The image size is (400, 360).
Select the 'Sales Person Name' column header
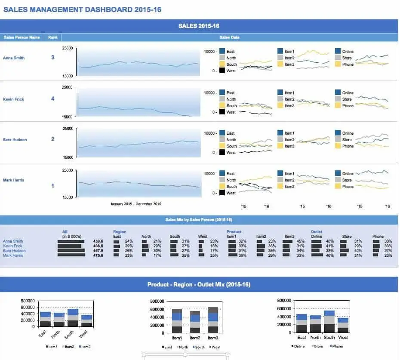click(x=22, y=37)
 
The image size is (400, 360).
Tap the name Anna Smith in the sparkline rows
click(x=14, y=58)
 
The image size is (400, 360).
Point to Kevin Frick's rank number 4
click(x=53, y=99)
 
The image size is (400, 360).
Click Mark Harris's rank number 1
click(x=53, y=186)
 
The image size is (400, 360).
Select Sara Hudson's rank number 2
click(x=53, y=139)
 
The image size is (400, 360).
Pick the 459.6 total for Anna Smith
click(x=98, y=241)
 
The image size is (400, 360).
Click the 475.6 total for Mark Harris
click(x=98, y=255)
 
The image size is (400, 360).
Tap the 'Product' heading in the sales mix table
click(x=234, y=232)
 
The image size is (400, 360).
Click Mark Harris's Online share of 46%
click(x=329, y=255)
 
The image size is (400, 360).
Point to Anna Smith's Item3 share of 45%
click(x=301, y=241)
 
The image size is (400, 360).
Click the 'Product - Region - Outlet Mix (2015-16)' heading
click(x=199, y=284)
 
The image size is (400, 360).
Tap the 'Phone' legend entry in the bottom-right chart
click(x=337, y=346)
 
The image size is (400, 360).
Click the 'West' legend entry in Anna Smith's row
click(x=231, y=71)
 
